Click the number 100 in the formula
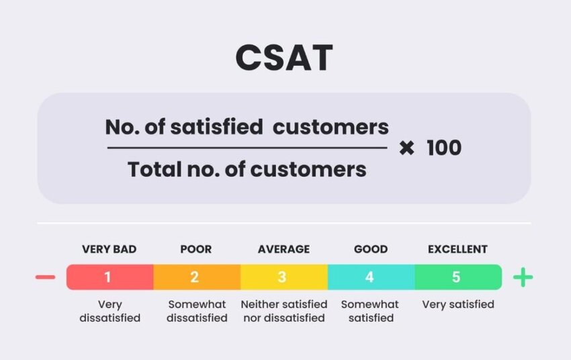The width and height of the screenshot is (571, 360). (444, 148)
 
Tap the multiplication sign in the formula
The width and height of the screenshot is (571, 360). (406, 148)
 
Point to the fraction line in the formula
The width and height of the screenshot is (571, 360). (247, 148)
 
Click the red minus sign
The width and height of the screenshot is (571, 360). (45, 277)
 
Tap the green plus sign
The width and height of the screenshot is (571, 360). (523, 277)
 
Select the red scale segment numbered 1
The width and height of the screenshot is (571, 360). (109, 277)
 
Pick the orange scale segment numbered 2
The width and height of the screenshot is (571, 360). (196, 277)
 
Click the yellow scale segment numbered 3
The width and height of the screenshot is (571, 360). (283, 277)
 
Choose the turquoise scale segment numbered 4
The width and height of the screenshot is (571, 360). (371, 277)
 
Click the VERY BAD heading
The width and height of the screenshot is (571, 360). (109, 249)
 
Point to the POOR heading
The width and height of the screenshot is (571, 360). (195, 249)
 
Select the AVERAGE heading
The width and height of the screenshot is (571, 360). (283, 249)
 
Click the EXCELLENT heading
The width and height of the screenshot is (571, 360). (457, 249)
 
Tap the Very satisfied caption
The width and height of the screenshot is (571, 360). (457, 304)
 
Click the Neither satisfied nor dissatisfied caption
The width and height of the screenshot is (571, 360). (283, 311)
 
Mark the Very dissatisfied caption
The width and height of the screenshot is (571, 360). (109, 311)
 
